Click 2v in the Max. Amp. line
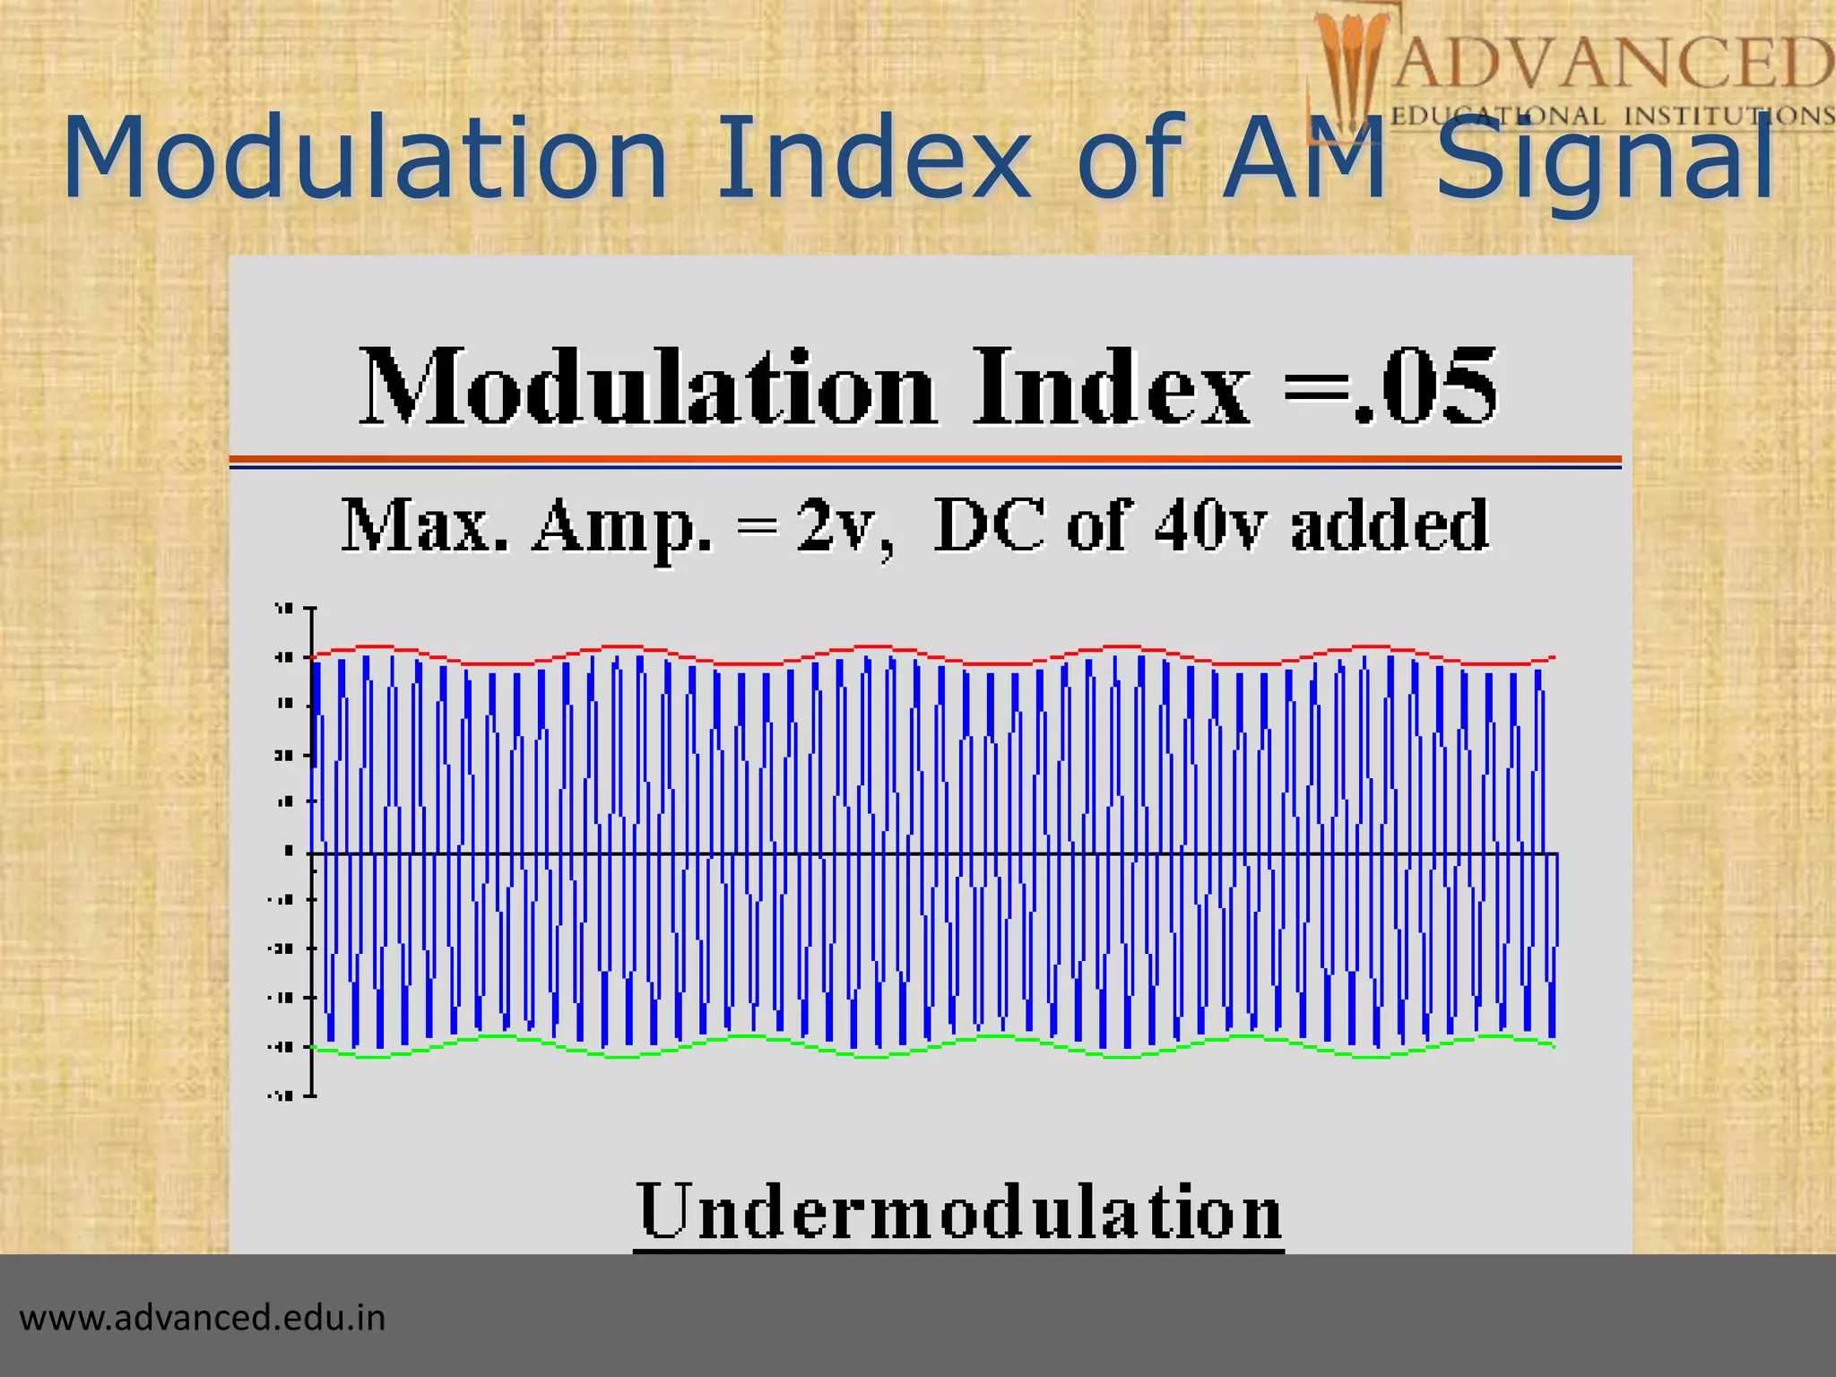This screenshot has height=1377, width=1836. tap(841, 527)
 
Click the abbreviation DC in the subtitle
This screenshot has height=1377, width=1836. tap(989, 525)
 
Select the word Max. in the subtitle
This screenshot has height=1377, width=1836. tap(425, 527)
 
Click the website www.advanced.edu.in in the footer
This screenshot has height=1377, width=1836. tap(203, 1318)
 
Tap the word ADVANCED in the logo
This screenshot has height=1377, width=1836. tap(1610, 63)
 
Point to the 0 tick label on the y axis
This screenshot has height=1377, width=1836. tap(288, 851)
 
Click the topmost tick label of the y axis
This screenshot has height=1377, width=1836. tap(284, 610)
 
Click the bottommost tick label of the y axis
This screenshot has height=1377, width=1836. tap(281, 1095)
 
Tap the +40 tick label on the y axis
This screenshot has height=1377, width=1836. tap(284, 658)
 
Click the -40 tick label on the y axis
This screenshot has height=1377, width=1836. tap(281, 1046)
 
